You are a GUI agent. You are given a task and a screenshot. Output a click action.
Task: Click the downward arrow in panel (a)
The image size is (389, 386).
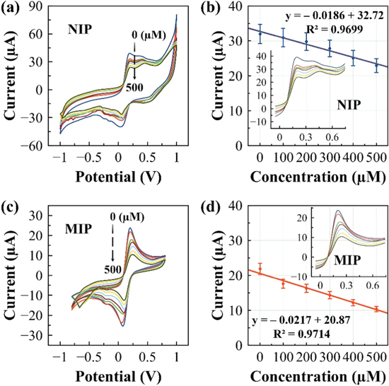pyautogui.click(x=134, y=71)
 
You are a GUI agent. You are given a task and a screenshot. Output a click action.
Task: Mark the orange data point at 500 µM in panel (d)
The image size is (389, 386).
pyautogui.click(x=376, y=309)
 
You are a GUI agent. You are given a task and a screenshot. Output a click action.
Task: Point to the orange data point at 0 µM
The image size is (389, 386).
pyautogui.click(x=260, y=269)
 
